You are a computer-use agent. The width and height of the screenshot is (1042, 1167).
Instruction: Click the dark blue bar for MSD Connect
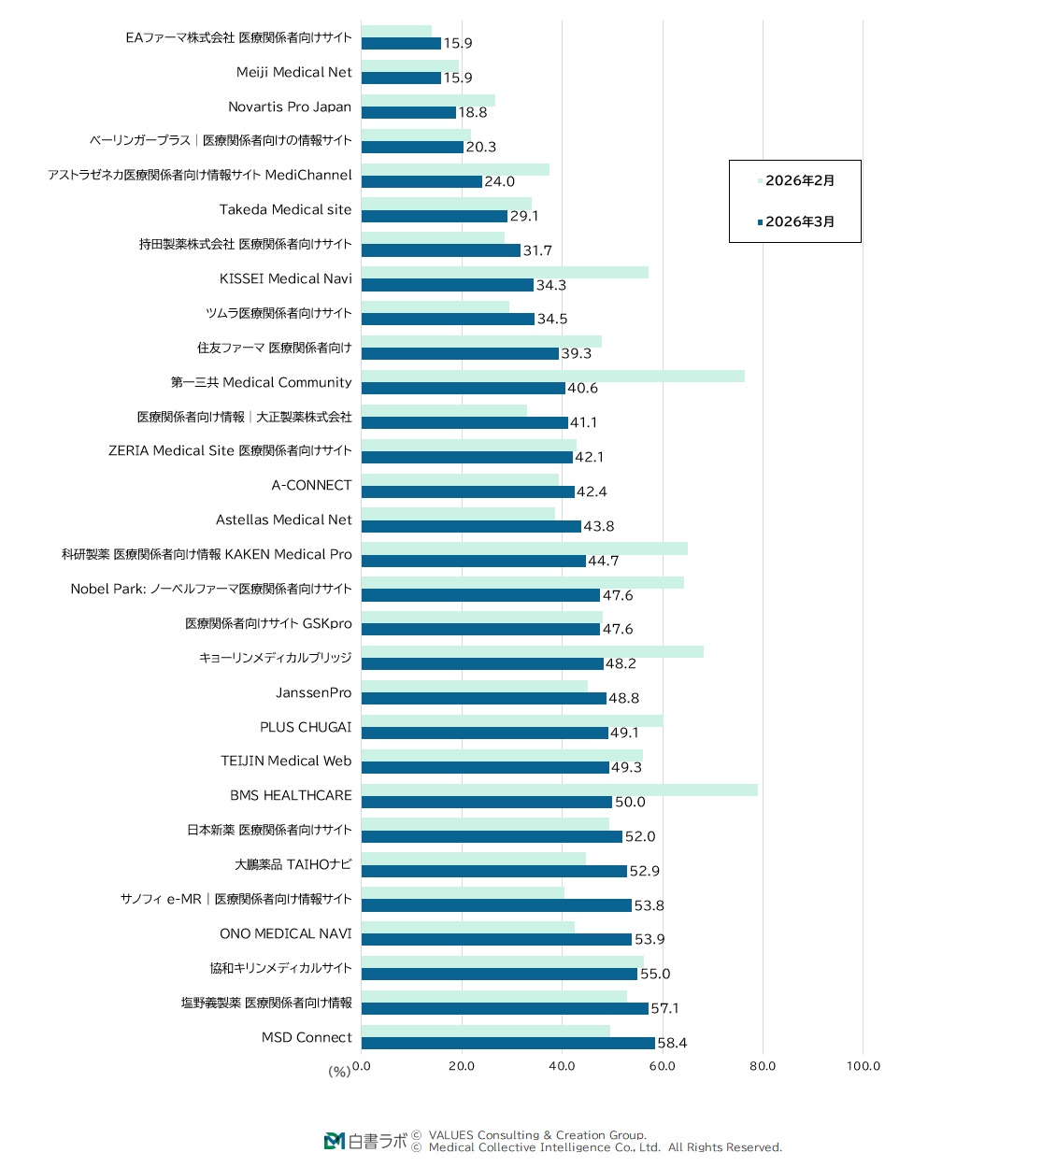click(x=507, y=1043)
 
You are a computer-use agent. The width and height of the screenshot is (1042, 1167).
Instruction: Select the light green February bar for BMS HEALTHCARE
click(x=559, y=790)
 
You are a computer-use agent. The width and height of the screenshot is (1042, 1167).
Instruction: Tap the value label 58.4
click(x=672, y=1044)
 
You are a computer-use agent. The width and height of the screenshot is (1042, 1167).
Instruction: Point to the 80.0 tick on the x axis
click(x=763, y=1066)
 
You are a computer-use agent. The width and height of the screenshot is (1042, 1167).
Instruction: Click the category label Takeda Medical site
click(x=285, y=209)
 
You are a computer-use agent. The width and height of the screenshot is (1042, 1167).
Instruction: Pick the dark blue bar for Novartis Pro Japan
click(x=408, y=112)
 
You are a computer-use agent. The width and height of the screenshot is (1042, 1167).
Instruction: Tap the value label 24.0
click(x=499, y=181)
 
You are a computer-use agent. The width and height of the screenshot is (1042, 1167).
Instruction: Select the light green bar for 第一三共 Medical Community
click(x=552, y=376)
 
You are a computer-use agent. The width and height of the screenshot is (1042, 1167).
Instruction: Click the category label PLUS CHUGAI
click(x=306, y=727)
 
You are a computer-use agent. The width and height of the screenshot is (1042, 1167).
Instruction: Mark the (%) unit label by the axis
click(x=339, y=1071)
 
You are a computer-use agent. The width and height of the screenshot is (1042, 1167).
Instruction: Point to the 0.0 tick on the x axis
click(x=362, y=1066)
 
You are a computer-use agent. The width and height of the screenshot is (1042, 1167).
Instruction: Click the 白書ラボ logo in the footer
click(x=366, y=1141)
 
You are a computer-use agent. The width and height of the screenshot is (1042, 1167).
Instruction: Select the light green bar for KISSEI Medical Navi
click(x=505, y=272)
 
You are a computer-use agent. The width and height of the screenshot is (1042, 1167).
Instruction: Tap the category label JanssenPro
click(x=313, y=692)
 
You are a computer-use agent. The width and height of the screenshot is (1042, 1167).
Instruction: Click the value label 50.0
click(x=630, y=802)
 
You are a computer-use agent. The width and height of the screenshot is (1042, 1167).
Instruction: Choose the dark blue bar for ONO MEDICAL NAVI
click(x=496, y=939)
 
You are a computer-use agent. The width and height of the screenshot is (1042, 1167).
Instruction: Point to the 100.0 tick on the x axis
click(x=864, y=1066)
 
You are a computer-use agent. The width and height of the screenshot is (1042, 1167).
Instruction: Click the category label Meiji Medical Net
click(x=293, y=72)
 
